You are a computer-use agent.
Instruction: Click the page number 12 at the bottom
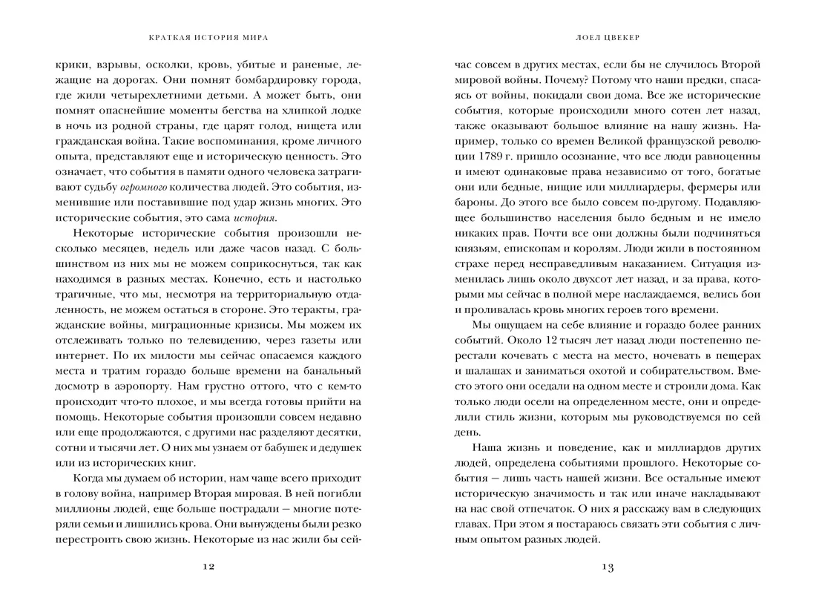[x=208, y=567]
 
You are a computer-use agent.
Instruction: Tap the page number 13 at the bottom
[x=608, y=567]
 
